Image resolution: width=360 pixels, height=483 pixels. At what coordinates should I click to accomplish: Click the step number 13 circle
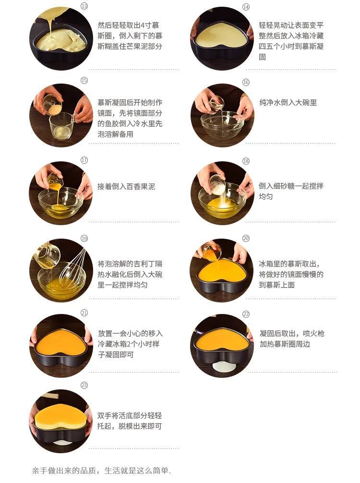click(84, 6)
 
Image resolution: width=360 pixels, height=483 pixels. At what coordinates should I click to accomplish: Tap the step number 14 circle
click(246, 7)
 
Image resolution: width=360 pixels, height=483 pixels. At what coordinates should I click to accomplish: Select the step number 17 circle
click(84, 160)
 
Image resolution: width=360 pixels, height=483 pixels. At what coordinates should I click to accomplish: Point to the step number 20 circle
click(246, 238)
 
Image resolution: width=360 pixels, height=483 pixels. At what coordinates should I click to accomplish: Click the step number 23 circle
click(84, 385)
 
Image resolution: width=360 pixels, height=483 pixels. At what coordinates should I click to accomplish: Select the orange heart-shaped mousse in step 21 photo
click(61, 341)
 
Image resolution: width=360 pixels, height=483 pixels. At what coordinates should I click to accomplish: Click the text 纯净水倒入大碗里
click(288, 102)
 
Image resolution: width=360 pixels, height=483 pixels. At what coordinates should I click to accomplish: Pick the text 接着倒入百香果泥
click(126, 186)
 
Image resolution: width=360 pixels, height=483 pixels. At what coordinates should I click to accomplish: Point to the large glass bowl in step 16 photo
click(222, 125)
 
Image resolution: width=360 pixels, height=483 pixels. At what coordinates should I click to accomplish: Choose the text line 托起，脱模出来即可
click(130, 426)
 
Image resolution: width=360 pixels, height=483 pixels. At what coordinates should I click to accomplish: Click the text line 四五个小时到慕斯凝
click(291, 46)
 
